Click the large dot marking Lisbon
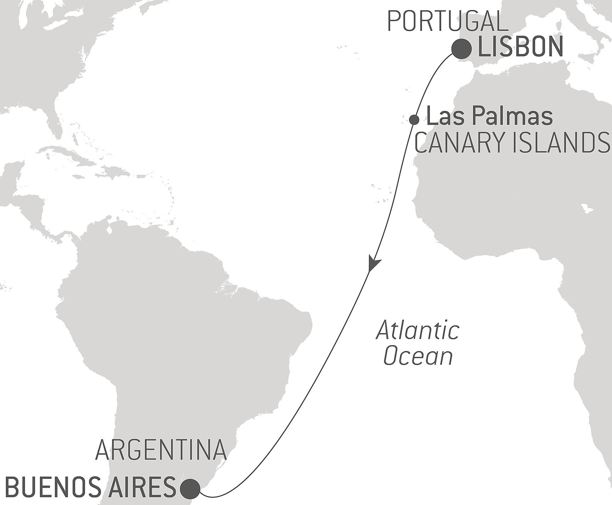click(461, 49)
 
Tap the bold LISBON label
click(521, 47)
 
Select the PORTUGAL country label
click(448, 22)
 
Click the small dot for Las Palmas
click(414, 120)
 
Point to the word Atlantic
click(418, 330)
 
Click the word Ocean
click(418, 356)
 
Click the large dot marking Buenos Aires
click(190, 489)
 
